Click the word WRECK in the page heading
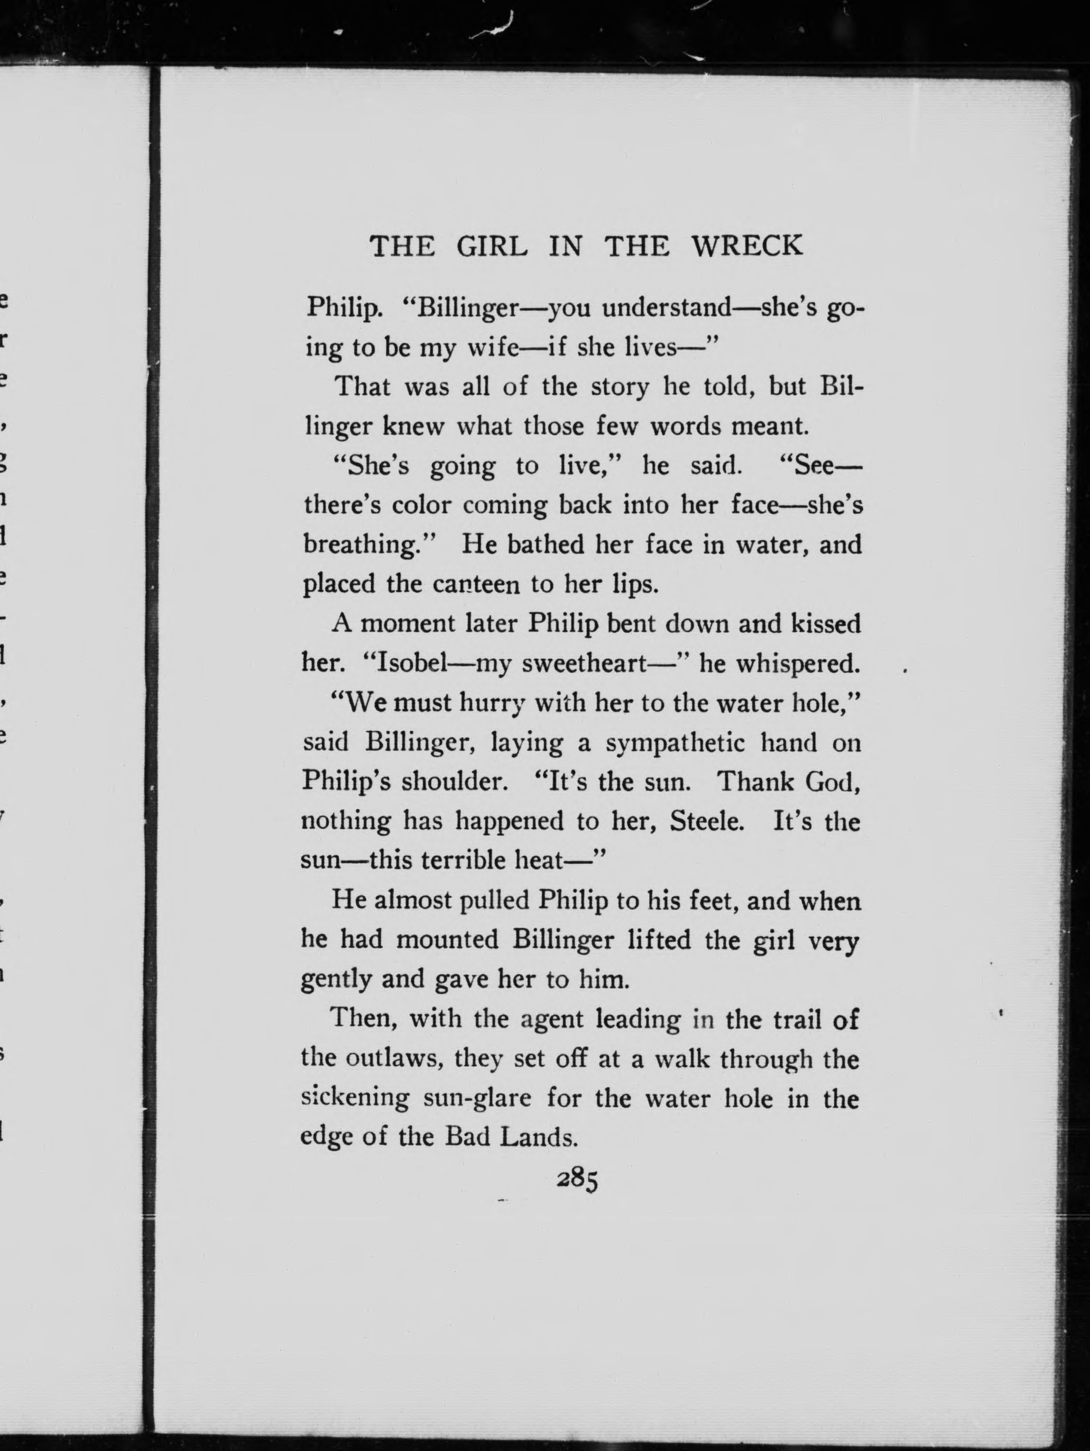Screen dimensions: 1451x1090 747,247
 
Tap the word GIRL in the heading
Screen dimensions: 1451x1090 492,247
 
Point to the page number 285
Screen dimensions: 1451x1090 577,1180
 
